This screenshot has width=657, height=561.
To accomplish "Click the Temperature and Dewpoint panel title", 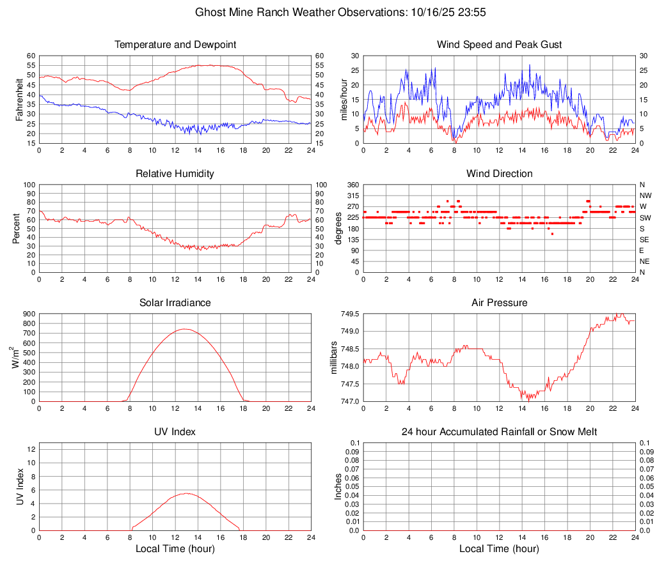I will (x=175, y=45).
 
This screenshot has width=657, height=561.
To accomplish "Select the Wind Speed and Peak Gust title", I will (x=500, y=45).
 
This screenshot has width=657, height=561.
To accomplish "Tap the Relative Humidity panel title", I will (x=175, y=174).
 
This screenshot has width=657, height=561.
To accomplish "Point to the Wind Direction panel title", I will (x=500, y=174).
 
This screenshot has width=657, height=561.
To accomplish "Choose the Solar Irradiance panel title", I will (x=175, y=303).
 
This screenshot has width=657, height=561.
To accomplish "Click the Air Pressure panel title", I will (x=500, y=303).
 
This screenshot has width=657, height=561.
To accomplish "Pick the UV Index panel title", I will (x=175, y=432).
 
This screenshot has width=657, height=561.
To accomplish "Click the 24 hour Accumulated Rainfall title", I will (x=500, y=432).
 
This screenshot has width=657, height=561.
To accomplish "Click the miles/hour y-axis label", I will (x=344, y=100).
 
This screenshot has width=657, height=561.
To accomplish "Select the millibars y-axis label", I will (x=333, y=358).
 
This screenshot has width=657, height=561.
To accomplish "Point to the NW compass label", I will (x=645, y=196).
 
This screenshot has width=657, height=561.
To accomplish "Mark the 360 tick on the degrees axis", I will (x=352, y=185).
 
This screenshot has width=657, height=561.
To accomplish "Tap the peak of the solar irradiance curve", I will (x=185, y=329).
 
